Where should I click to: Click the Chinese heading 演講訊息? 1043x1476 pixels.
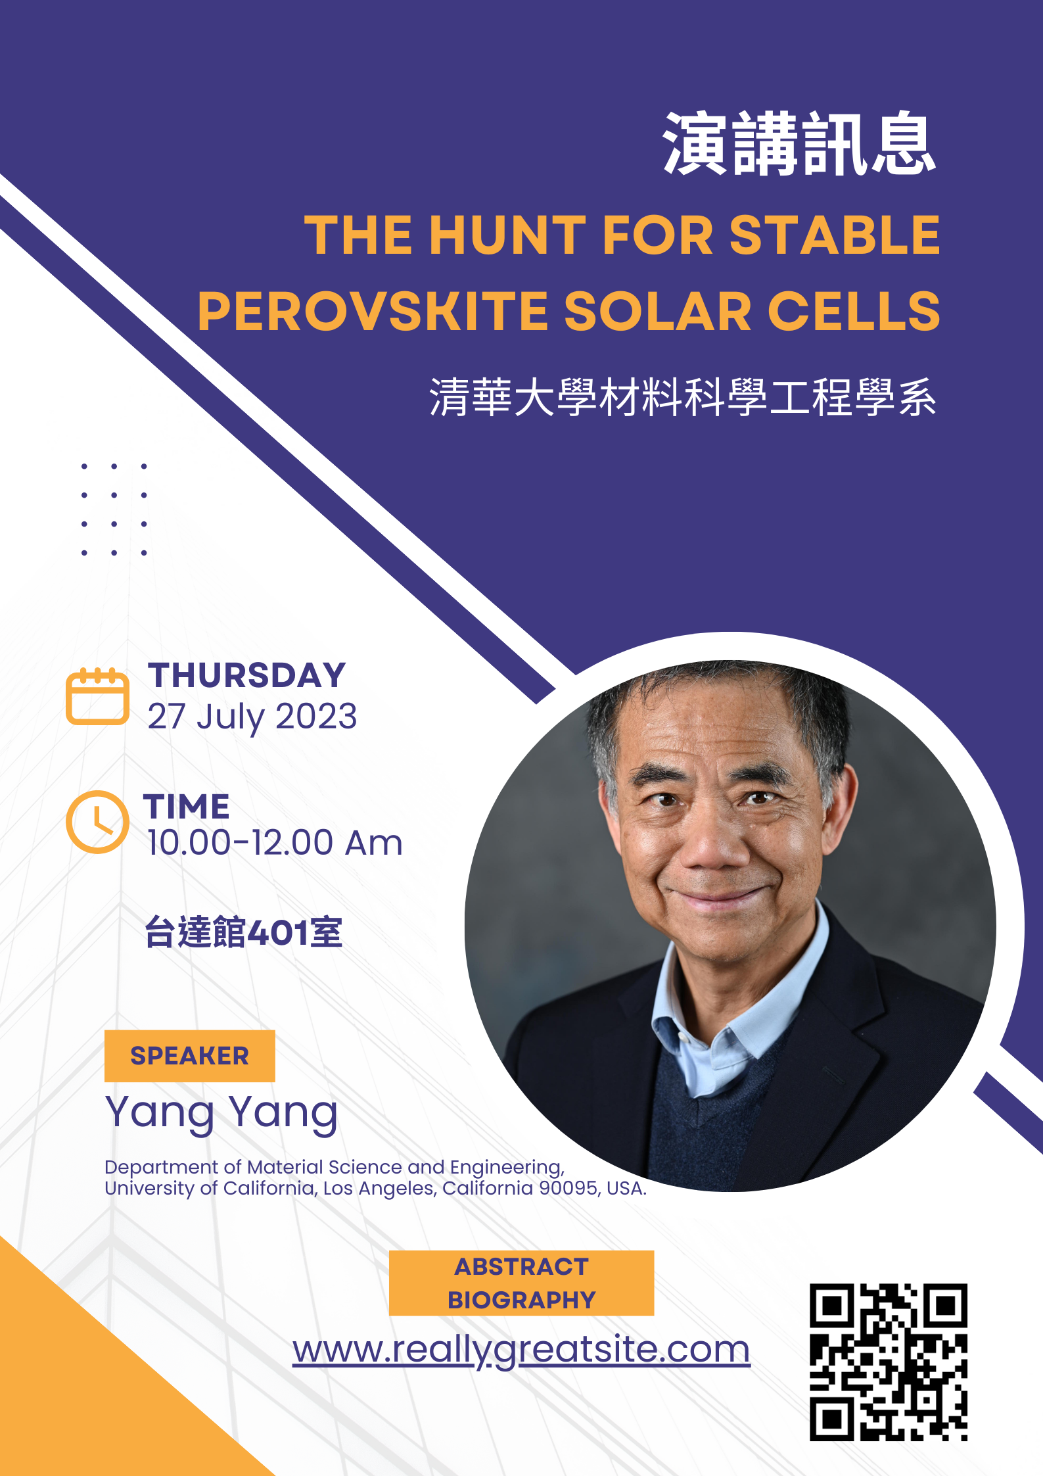click(x=800, y=143)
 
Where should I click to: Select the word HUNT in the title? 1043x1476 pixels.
click(x=507, y=235)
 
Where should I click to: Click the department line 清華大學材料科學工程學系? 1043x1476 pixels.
click(x=683, y=397)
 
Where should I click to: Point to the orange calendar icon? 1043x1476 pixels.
click(x=97, y=696)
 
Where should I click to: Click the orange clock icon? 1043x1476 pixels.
click(x=97, y=822)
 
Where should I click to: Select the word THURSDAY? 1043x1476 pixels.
click(x=247, y=675)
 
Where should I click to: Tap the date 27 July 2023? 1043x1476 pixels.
click(x=252, y=717)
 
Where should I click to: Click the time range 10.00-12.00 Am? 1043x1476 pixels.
click(x=275, y=843)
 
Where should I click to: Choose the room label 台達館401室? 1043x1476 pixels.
click(x=243, y=932)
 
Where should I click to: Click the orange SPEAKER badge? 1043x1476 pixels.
click(x=190, y=1056)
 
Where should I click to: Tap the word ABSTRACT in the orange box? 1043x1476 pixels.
click(x=522, y=1266)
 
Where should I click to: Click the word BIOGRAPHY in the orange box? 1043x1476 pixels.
click(x=522, y=1300)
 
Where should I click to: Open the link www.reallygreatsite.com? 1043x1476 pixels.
click(x=522, y=1349)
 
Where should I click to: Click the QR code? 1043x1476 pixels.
click(x=889, y=1362)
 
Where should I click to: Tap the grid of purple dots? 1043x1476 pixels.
click(x=114, y=510)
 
